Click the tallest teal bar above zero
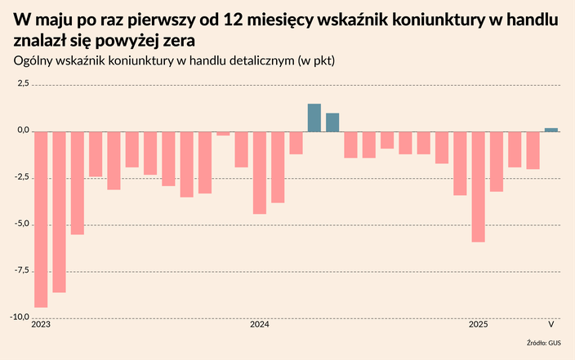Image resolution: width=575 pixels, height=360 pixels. pos(314,118)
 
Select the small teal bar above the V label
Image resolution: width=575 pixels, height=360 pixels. pos(551,129)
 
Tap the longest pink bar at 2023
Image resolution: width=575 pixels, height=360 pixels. pos(41,219)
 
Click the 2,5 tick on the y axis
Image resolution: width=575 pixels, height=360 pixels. pos(22,84)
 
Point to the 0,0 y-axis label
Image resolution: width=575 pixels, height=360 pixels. pos(22,131)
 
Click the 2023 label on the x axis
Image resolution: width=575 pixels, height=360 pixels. pos(41,325)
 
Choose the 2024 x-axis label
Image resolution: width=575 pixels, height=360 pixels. pos(260,325)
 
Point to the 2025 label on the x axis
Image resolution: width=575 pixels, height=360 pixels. pos(479,325)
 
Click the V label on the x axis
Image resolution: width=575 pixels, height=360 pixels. pos(551,325)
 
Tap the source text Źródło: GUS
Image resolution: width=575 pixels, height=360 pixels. pos(542,344)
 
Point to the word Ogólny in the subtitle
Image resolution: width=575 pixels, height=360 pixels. pos(34,61)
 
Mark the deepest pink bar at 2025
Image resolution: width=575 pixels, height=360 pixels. pos(479,186)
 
